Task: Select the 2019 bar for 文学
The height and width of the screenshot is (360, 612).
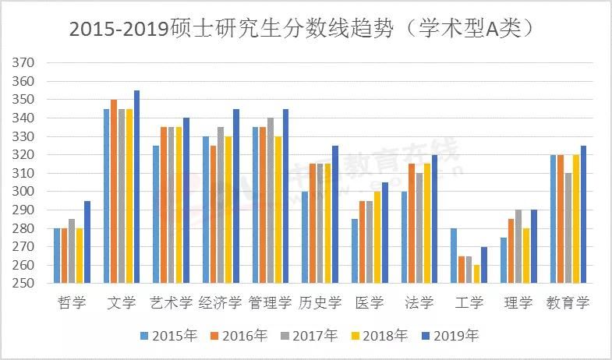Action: (x=136, y=187)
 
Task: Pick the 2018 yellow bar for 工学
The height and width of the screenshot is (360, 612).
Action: (x=476, y=274)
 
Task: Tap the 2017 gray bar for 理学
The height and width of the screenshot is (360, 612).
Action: (x=518, y=246)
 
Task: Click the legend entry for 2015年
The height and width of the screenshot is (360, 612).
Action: (x=168, y=336)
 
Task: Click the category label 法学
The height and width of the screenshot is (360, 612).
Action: (x=419, y=302)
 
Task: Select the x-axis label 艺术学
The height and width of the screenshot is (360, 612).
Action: (x=170, y=302)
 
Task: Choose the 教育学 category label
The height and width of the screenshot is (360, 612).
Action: (x=568, y=302)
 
